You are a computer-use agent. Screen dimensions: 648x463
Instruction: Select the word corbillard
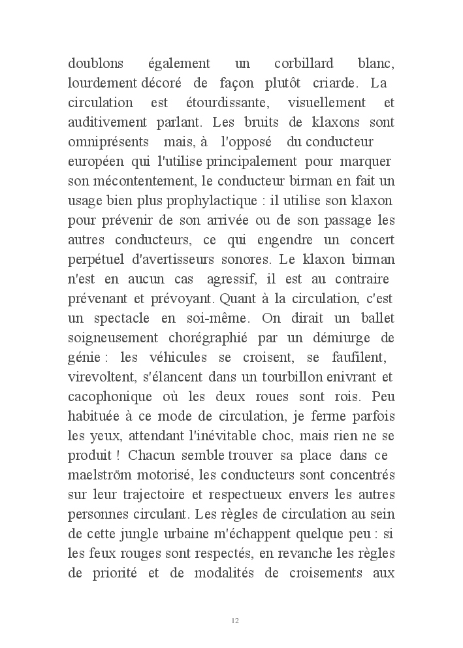[304, 64]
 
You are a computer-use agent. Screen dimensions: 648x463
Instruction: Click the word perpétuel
[95, 260]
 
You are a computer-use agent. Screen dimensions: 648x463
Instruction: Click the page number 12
[235, 621]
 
